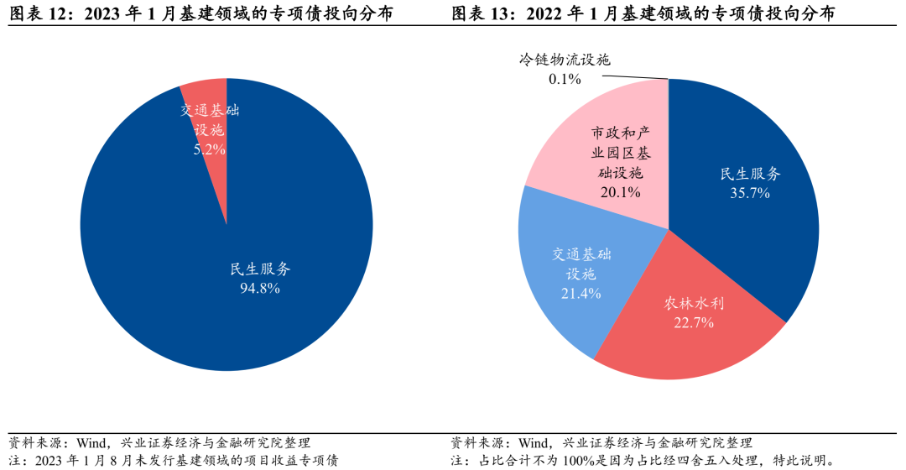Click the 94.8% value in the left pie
click(260, 288)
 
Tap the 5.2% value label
click(209, 149)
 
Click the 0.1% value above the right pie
click(565, 79)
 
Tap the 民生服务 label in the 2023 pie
click(260, 269)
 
